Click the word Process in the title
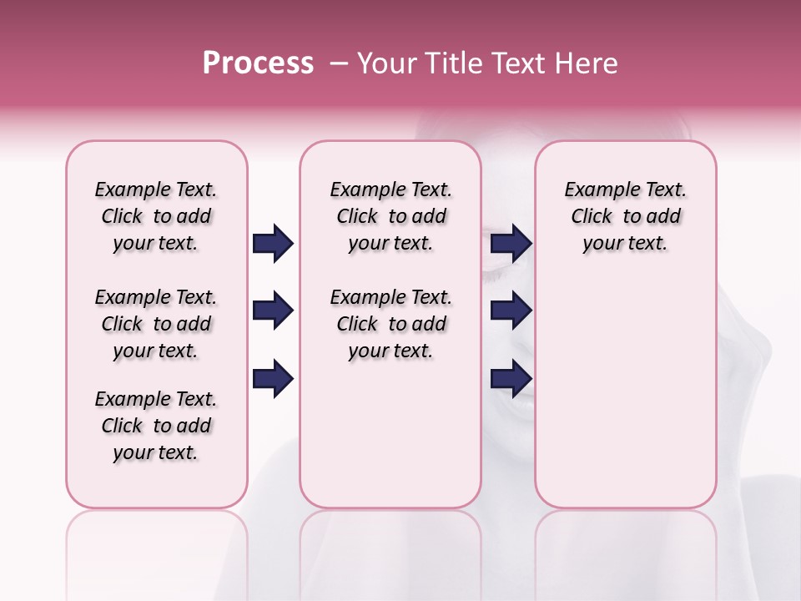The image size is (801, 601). (258, 63)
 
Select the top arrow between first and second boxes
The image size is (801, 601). (273, 244)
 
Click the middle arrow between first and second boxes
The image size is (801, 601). (273, 311)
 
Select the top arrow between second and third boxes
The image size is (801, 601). (511, 244)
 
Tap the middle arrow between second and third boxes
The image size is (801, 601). (511, 311)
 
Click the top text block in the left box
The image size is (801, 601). (156, 216)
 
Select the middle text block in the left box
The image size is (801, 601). (156, 324)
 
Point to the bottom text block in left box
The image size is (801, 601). (156, 426)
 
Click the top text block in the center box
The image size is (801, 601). (390, 216)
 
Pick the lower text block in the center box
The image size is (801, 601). (390, 324)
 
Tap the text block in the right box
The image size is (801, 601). (625, 216)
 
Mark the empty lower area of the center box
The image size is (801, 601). (390, 434)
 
